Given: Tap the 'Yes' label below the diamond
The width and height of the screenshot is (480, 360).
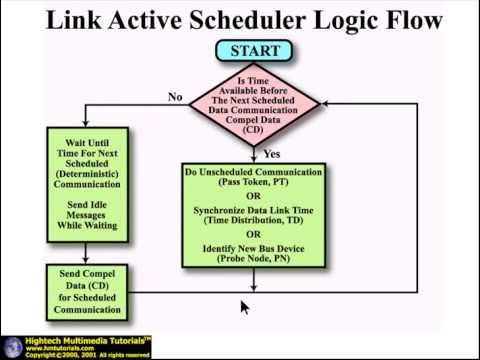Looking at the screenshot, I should tap(271, 155).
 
